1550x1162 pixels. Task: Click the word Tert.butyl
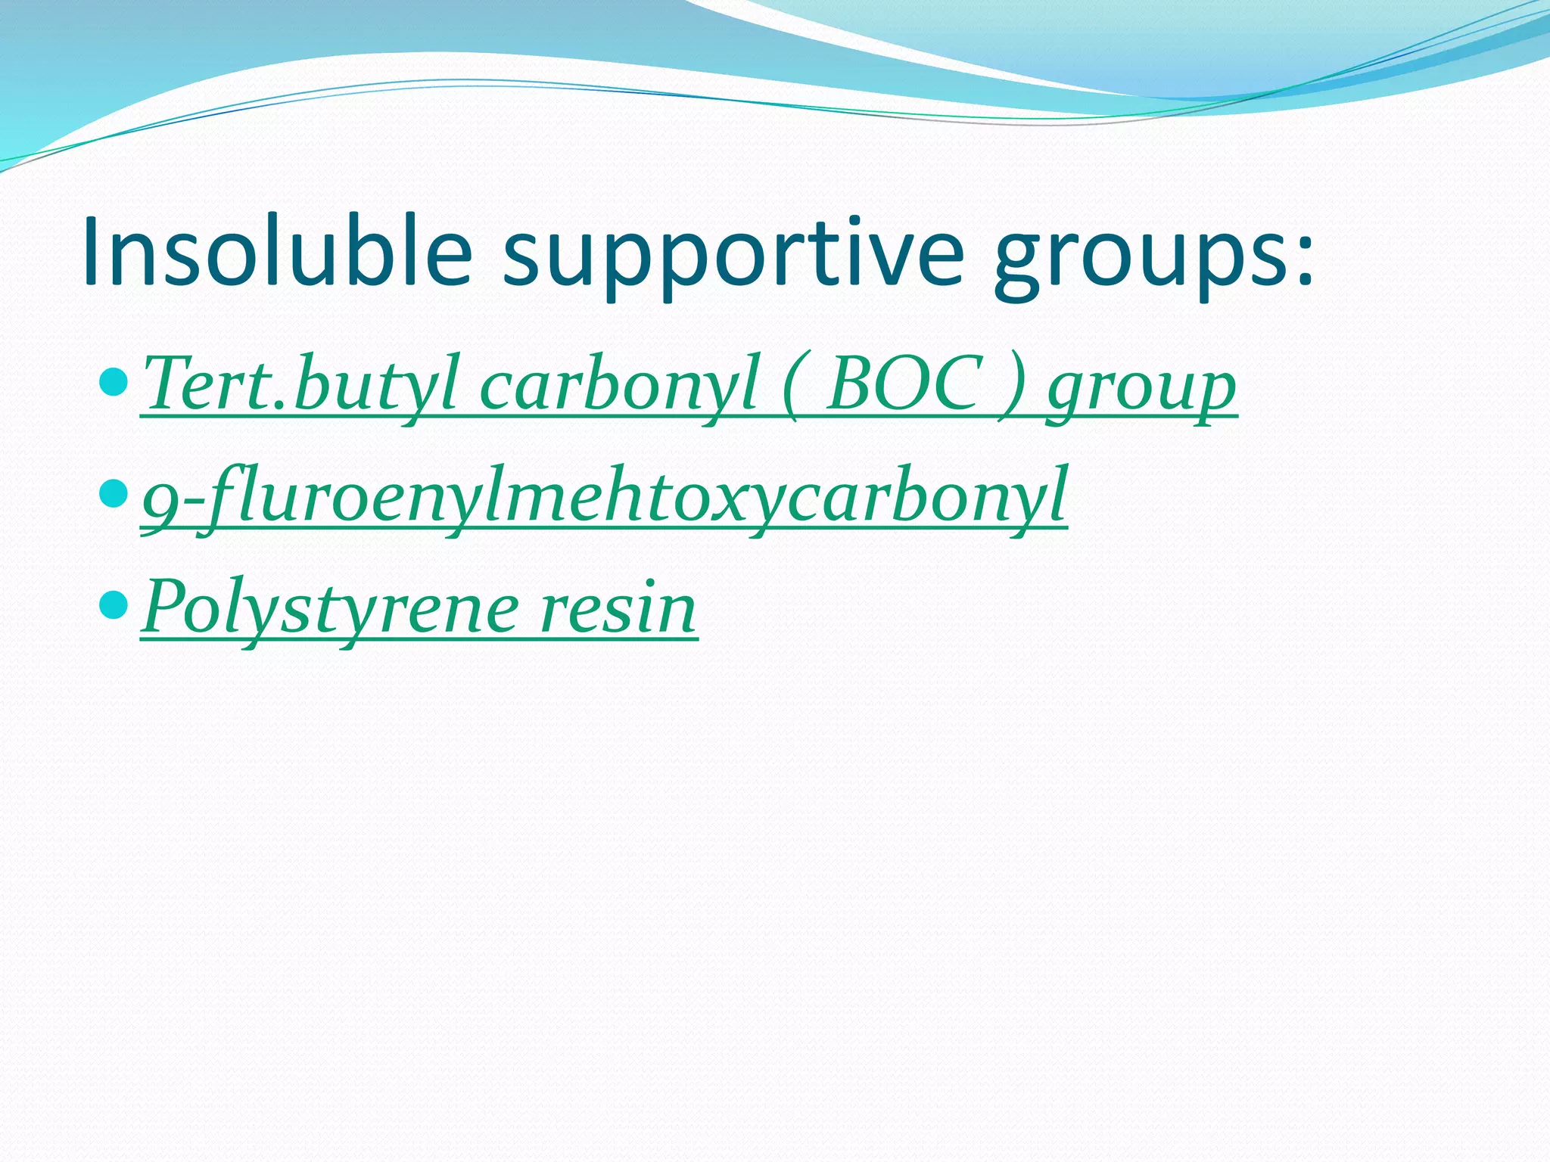click(x=300, y=385)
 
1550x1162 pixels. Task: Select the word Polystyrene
click(x=330, y=608)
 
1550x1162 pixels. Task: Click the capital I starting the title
click(x=93, y=251)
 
